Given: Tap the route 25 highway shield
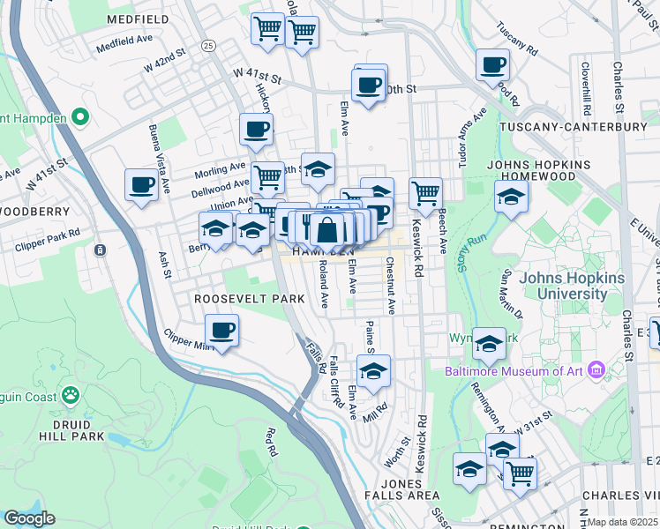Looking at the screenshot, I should (208, 45).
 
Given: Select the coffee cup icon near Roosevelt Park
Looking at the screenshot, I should (221, 332).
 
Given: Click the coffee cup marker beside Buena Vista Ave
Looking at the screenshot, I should (140, 185).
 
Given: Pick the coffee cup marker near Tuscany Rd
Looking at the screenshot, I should (491, 65).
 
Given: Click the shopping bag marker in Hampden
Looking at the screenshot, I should (326, 231).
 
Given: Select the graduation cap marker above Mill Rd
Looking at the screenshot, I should (374, 371).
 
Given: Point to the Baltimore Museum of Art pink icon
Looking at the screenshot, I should (596, 370).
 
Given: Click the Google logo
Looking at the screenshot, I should (29, 518).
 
